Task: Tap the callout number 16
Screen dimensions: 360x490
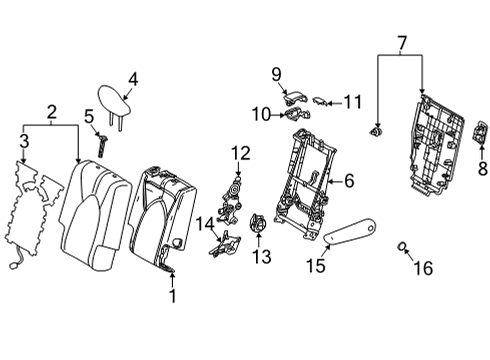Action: click(425, 267)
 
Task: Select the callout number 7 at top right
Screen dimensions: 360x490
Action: click(401, 42)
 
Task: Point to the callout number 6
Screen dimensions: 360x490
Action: click(349, 181)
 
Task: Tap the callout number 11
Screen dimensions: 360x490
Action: click(351, 101)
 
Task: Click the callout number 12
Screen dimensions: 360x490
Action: click(239, 152)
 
